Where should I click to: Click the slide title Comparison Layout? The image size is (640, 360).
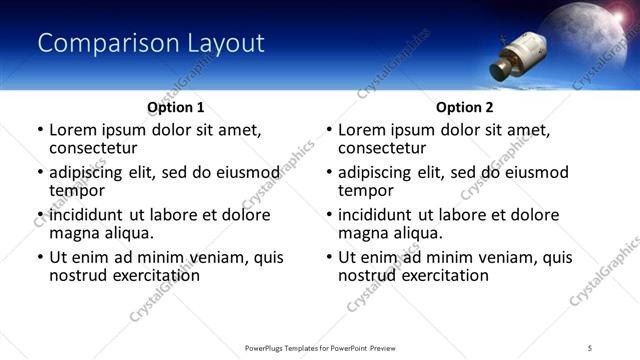click(x=150, y=44)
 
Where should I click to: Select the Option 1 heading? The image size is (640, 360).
click(x=175, y=107)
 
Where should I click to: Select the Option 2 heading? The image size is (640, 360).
click(x=464, y=107)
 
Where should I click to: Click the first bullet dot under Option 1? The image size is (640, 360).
click(x=40, y=131)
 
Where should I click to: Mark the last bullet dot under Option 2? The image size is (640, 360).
click(x=329, y=258)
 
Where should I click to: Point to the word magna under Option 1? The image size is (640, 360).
click(x=74, y=233)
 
